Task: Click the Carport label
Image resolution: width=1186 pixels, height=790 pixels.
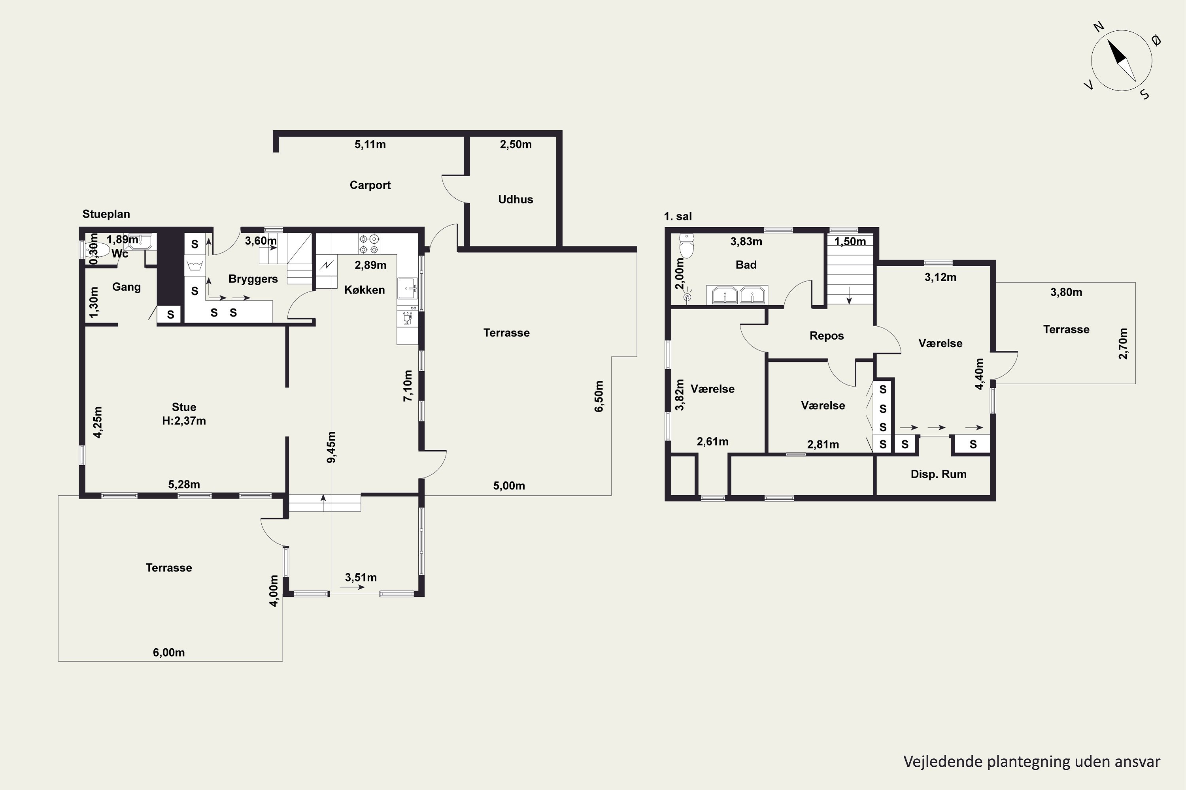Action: [x=370, y=185]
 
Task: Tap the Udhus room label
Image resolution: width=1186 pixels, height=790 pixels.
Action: [x=516, y=199]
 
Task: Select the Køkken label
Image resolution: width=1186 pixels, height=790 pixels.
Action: [x=364, y=290]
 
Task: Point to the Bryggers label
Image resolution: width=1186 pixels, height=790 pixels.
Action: [x=253, y=279]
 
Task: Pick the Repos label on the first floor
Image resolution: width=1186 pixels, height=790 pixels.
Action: [x=827, y=335]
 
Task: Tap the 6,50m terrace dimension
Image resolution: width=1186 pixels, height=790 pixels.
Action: [x=599, y=396]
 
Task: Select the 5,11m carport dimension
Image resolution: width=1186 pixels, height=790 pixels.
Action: [x=370, y=145]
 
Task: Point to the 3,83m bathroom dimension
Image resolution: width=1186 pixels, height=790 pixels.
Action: [x=746, y=241]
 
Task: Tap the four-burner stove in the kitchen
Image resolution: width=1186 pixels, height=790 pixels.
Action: [x=369, y=244]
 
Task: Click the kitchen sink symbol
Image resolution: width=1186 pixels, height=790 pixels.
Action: [x=408, y=289]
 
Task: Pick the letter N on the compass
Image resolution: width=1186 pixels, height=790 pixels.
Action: [x=1099, y=27]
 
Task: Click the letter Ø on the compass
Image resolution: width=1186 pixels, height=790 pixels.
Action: [x=1157, y=40]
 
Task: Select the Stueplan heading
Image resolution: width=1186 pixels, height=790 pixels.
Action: [x=106, y=214]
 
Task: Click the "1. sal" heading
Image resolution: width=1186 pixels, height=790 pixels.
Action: [x=678, y=216]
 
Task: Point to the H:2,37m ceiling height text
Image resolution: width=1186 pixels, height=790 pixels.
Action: [x=184, y=421]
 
